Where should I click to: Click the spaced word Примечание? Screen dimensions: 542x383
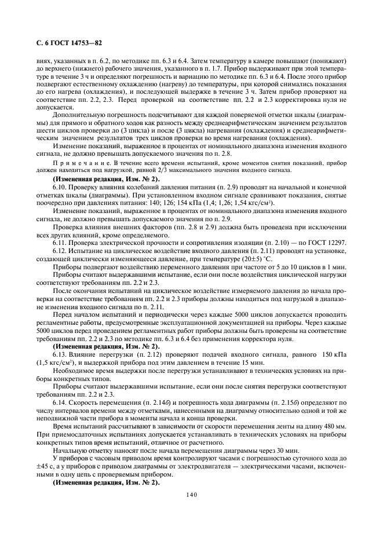[x=74, y=167]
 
